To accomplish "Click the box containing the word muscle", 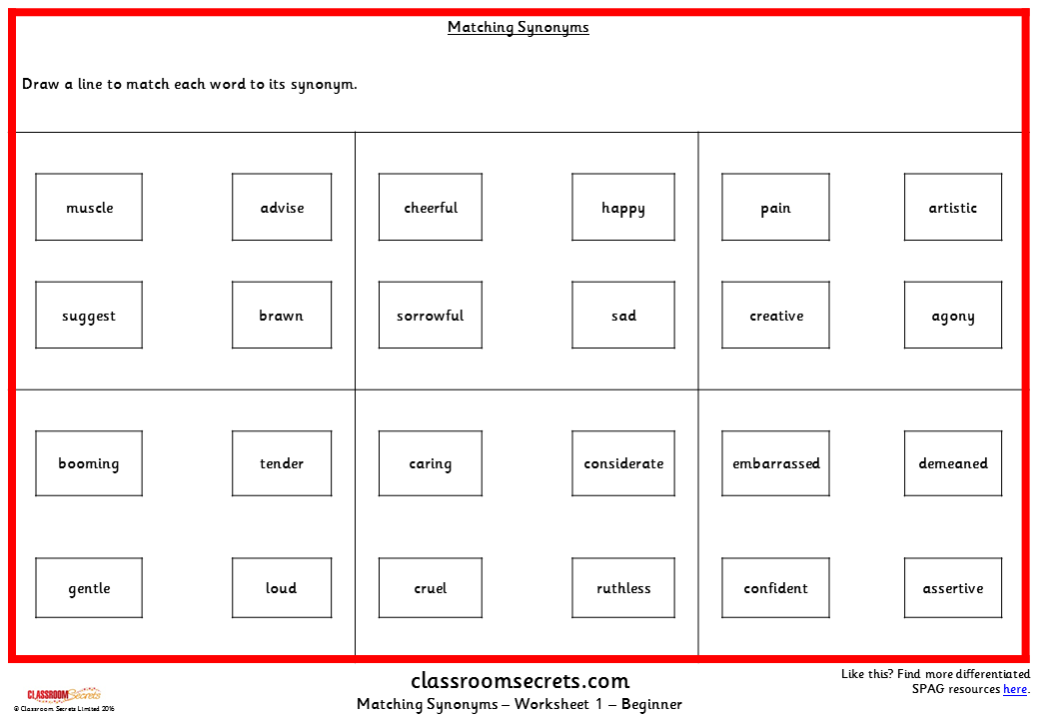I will coord(89,208).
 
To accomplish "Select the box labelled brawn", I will coord(281,316).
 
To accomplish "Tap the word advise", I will coord(282,208).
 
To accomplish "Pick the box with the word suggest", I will coord(89,316).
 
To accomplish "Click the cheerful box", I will coord(431,208).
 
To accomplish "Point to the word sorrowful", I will coord(431,316).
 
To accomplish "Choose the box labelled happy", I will coord(623,208).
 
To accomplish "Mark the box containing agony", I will coord(953,316).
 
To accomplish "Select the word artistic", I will coord(953,208).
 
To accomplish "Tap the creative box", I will coord(776,316).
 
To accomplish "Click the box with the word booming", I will coord(89,463).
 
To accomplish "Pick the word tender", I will coord(282,463).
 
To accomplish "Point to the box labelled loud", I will coord(282,588).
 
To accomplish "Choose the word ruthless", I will coord(623,588).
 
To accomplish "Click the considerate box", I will coord(623,463).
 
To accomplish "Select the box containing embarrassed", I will coord(776,463).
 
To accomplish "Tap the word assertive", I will coord(953,588).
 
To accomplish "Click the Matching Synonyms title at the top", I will coord(519,27).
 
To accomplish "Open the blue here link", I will coord(1015,689).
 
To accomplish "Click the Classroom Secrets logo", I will coord(63,694).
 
